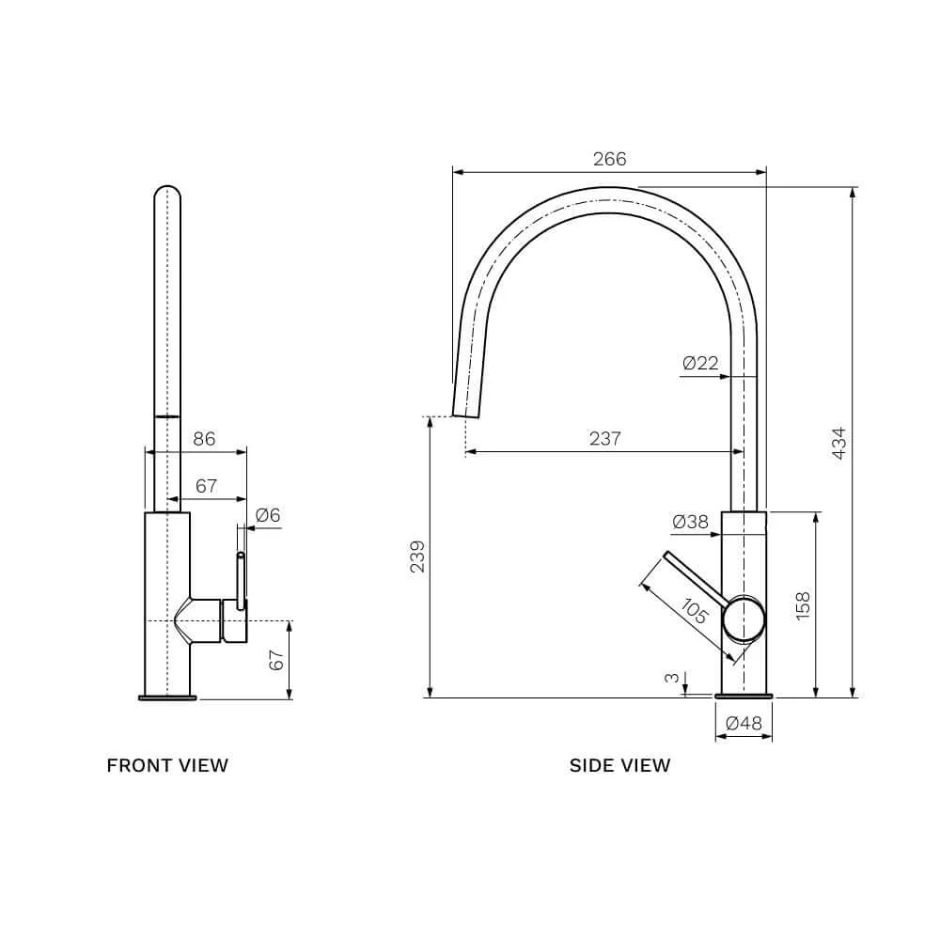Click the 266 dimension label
(x=609, y=159)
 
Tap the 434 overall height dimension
(x=839, y=443)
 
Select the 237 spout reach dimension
(x=604, y=438)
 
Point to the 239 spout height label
(x=417, y=556)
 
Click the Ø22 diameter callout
(x=700, y=363)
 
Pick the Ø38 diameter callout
(x=691, y=522)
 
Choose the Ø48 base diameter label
(x=744, y=723)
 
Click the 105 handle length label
(x=695, y=611)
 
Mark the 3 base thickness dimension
(x=673, y=678)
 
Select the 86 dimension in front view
(x=204, y=439)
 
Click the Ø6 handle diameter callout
(x=267, y=515)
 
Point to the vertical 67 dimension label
(x=275, y=660)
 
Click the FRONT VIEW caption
(x=167, y=765)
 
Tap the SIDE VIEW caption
(x=619, y=765)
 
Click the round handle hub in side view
(x=744, y=619)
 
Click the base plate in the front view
(x=167, y=697)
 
